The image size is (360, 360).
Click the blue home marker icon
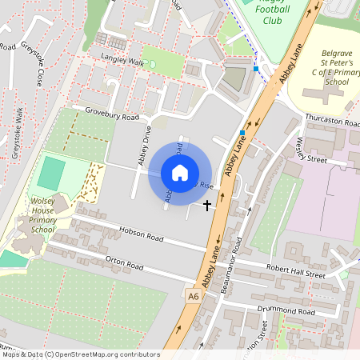(180, 173)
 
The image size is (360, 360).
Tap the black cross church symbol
(207, 206)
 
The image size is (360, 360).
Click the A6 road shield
(193, 296)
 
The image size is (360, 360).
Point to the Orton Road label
(125, 264)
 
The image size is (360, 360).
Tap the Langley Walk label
(122, 61)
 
